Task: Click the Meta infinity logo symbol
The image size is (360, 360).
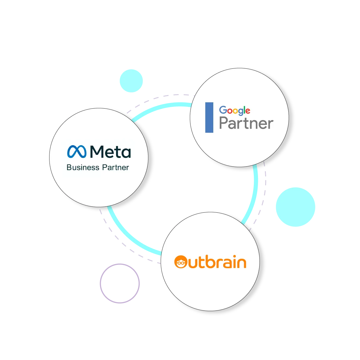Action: (76, 151)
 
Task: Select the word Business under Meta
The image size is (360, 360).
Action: (83, 167)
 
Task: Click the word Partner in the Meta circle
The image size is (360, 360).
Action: (115, 167)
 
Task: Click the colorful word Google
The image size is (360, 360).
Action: (235, 111)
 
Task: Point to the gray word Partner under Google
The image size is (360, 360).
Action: (246, 123)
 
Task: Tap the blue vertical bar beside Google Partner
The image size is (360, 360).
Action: (209, 117)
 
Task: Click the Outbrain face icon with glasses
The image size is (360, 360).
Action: (181, 262)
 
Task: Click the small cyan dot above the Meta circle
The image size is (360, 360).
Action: (131, 81)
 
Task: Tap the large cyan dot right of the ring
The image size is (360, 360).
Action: (295, 207)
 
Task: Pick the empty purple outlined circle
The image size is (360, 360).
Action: (120, 283)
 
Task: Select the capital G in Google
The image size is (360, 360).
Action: (223, 110)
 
